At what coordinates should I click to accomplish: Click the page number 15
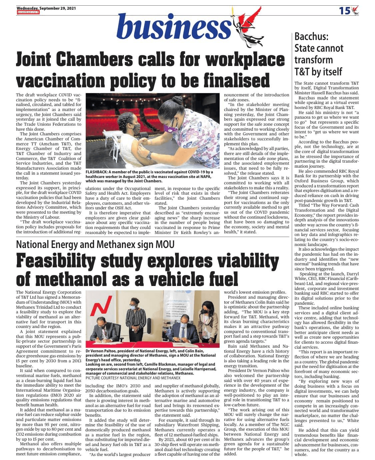point(345,11)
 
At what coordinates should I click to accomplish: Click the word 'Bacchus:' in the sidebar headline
point(311,36)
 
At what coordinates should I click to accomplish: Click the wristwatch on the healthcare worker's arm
point(149,155)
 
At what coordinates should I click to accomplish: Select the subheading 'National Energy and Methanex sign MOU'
point(95,245)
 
